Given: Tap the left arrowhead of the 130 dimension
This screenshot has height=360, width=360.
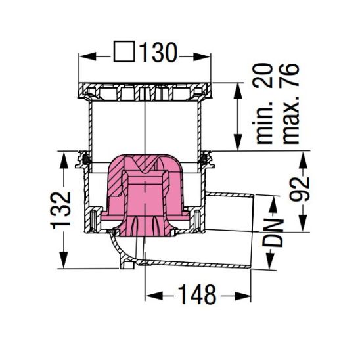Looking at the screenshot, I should pyautogui.click(x=83, y=55).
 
